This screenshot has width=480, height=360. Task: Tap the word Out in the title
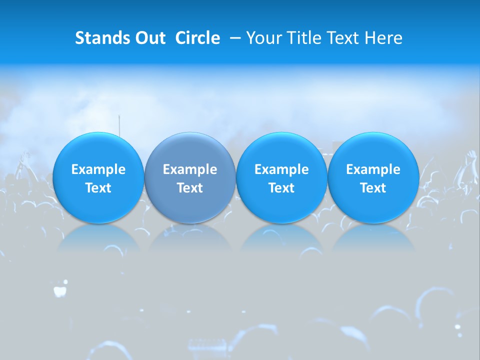click(149, 38)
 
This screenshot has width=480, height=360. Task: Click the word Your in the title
click(263, 38)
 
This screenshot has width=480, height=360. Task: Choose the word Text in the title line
click(342, 38)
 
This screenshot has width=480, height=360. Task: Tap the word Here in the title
click(383, 38)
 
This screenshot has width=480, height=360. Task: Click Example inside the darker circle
click(190, 169)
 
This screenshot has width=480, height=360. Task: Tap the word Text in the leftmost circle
click(98, 188)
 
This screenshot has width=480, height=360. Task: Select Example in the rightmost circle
click(373, 169)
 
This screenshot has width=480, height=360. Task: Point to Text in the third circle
click(281, 188)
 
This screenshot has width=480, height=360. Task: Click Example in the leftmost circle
click(98, 169)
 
